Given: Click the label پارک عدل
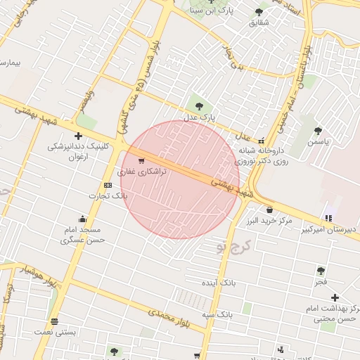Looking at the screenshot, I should (202, 117).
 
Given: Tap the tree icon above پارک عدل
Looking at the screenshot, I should (199, 106).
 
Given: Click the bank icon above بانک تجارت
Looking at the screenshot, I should (108, 185).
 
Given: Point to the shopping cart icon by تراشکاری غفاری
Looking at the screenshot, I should (141, 162).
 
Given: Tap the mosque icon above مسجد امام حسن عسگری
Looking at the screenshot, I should (83, 217).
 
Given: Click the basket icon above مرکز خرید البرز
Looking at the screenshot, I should (269, 210).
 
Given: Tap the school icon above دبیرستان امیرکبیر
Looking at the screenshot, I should (328, 217).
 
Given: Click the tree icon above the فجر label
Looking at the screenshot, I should (321, 271).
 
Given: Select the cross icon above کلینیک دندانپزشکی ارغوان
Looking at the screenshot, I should (79, 136).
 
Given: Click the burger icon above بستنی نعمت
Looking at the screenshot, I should (55, 321).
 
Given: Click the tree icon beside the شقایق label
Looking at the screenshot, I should (259, 12).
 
